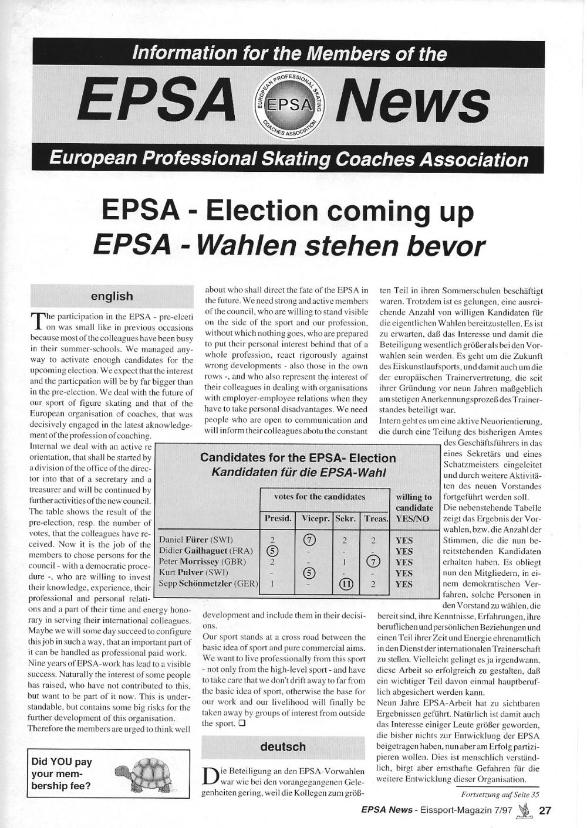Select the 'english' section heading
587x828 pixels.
tap(112, 296)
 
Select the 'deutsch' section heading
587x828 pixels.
tap(283, 746)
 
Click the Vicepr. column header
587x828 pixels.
tap(315, 518)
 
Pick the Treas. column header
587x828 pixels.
tap(376, 518)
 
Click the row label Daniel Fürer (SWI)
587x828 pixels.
tap(196, 539)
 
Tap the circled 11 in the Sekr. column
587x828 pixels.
tap(345, 584)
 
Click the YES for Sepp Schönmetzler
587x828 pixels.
tap(404, 584)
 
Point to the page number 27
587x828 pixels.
tap(545, 810)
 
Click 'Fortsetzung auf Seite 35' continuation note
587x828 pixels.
tap(500, 795)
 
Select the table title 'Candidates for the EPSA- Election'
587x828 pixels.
tap(298, 458)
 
